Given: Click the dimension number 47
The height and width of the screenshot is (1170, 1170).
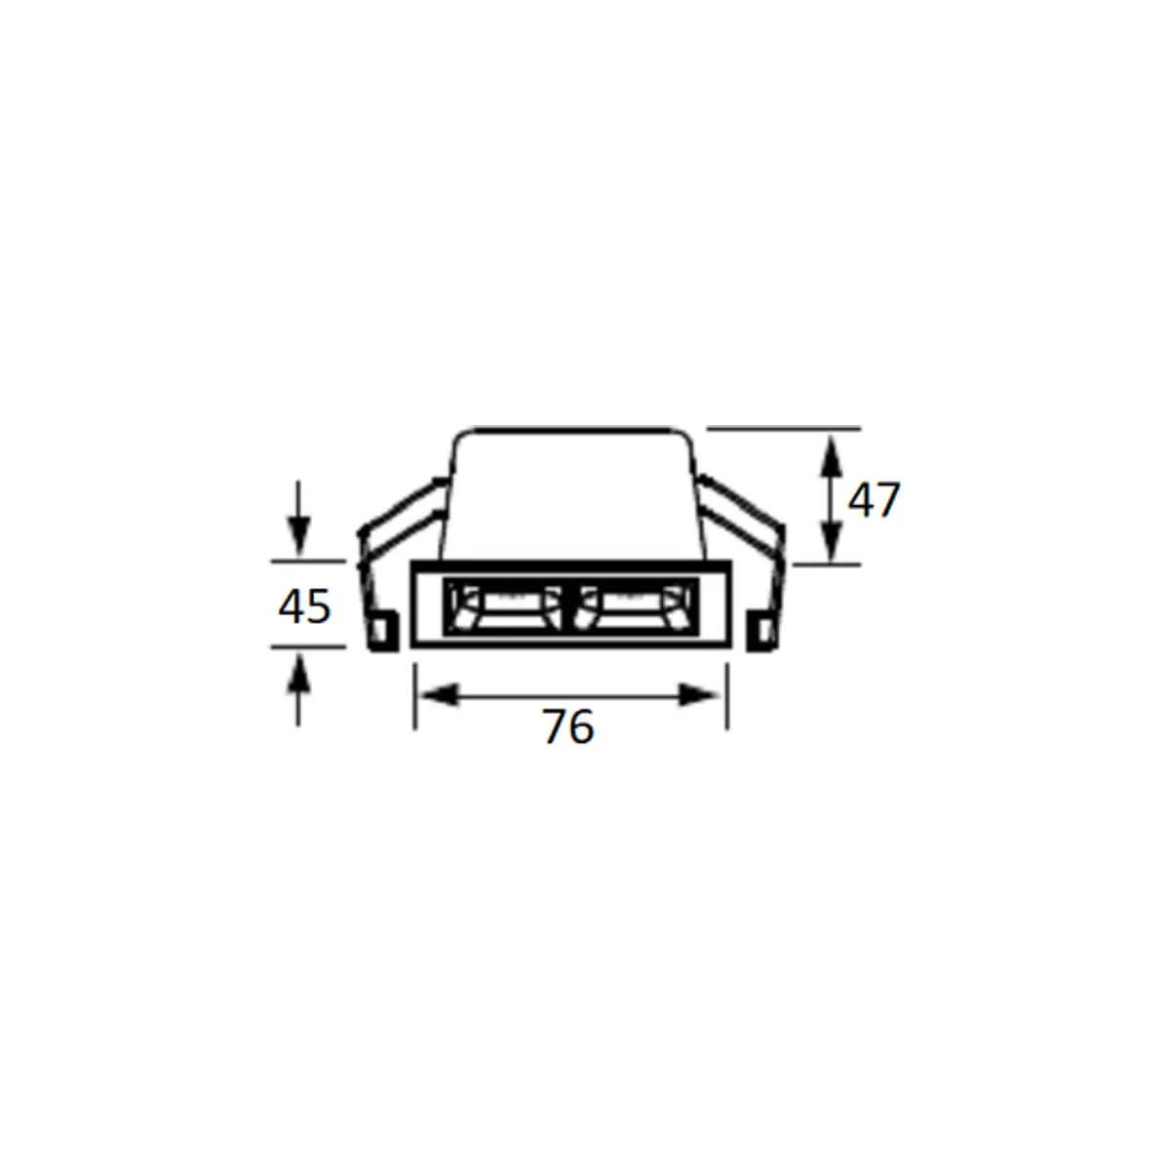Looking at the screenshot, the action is click(873, 500).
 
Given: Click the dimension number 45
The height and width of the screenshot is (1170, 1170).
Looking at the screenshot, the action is click(304, 605).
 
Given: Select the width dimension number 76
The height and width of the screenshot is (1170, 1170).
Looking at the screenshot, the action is click(567, 726).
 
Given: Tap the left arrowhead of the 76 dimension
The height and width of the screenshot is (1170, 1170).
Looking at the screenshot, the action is click(439, 695).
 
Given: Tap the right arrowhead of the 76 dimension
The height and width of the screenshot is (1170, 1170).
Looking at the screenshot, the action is click(699, 695).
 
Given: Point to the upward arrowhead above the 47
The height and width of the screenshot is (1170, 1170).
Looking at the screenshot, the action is click(832, 456).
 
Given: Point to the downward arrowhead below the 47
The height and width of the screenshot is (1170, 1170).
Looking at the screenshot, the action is click(832, 541).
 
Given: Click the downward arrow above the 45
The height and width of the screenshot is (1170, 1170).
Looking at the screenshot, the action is click(298, 518).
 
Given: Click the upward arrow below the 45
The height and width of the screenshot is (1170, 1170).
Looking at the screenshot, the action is click(298, 691).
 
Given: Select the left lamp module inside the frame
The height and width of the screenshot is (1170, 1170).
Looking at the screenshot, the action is click(507, 606).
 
